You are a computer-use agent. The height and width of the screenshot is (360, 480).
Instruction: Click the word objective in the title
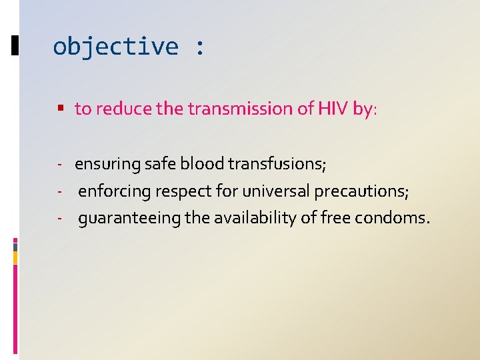pos(115,47)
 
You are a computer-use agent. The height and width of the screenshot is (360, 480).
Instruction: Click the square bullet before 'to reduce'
pos(61,108)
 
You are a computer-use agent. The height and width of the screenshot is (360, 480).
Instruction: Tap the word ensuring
pos(107,164)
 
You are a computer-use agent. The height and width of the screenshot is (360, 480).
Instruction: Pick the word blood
pos(203,163)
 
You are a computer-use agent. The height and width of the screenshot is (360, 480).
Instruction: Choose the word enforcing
pos(115,192)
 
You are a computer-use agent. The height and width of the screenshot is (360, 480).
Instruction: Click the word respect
pos(183,192)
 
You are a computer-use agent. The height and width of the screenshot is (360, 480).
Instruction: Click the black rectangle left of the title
pos(15,45)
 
